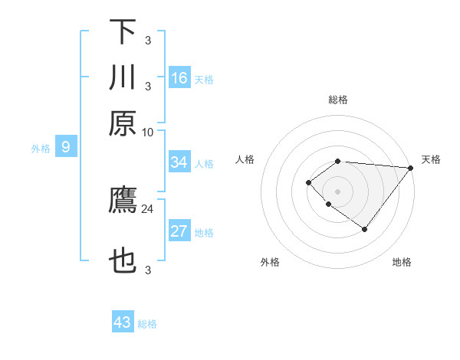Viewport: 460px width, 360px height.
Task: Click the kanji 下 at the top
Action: point(122,32)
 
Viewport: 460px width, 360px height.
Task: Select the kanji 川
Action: point(122,77)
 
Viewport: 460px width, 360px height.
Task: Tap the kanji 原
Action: point(122,123)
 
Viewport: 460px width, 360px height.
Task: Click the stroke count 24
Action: point(148,208)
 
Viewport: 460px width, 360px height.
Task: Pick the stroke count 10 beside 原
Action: point(148,132)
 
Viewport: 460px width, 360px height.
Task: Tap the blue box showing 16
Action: point(179,77)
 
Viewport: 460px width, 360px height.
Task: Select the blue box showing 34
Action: point(179,162)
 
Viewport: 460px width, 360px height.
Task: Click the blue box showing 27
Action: point(179,232)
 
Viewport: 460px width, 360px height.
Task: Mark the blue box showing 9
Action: point(66,147)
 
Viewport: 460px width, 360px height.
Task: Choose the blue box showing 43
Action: point(123,322)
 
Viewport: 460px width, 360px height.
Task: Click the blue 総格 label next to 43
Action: point(148,324)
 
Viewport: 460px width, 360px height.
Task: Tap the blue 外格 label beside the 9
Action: point(41,149)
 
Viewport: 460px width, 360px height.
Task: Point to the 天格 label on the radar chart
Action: point(431,159)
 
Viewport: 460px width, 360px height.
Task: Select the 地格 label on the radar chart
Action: point(402,263)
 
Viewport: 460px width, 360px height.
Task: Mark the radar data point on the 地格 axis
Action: point(365,229)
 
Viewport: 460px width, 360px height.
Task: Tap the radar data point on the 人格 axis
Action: point(308,182)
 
